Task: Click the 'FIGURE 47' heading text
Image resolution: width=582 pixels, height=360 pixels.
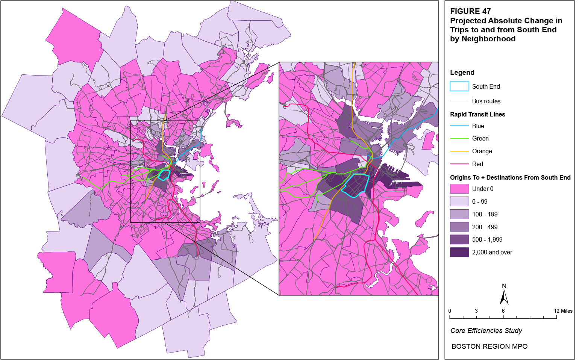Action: point(470,11)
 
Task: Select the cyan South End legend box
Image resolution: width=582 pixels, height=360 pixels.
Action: point(459,86)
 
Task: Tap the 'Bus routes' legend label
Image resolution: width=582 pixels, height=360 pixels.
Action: point(486,101)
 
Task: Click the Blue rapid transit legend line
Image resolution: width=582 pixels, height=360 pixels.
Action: point(459,126)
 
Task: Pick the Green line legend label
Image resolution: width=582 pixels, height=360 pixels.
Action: point(480,139)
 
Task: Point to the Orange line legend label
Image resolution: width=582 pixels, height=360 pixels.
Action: point(482,151)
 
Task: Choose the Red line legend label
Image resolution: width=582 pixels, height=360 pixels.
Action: point(477,164)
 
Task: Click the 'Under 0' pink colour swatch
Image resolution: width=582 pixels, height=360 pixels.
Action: point(459,189)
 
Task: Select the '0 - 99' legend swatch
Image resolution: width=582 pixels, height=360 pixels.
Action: point(459,201)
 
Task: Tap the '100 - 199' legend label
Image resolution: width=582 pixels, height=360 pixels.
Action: point(485,214)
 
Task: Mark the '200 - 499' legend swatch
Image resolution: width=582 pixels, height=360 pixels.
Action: point(459,227)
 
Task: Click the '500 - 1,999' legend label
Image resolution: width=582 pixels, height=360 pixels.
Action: point(487,239)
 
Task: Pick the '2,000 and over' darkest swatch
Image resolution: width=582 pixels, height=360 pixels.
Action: point(459,252)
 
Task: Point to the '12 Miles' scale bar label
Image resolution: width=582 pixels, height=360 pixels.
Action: point(563,311)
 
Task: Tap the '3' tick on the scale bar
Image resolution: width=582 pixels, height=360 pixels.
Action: point(476,311)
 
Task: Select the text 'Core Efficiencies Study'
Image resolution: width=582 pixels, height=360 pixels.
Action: point(486,331)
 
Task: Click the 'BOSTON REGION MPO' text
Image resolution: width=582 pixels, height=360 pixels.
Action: point(489,346)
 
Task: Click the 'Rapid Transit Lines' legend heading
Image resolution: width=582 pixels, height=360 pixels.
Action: point(477,114)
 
